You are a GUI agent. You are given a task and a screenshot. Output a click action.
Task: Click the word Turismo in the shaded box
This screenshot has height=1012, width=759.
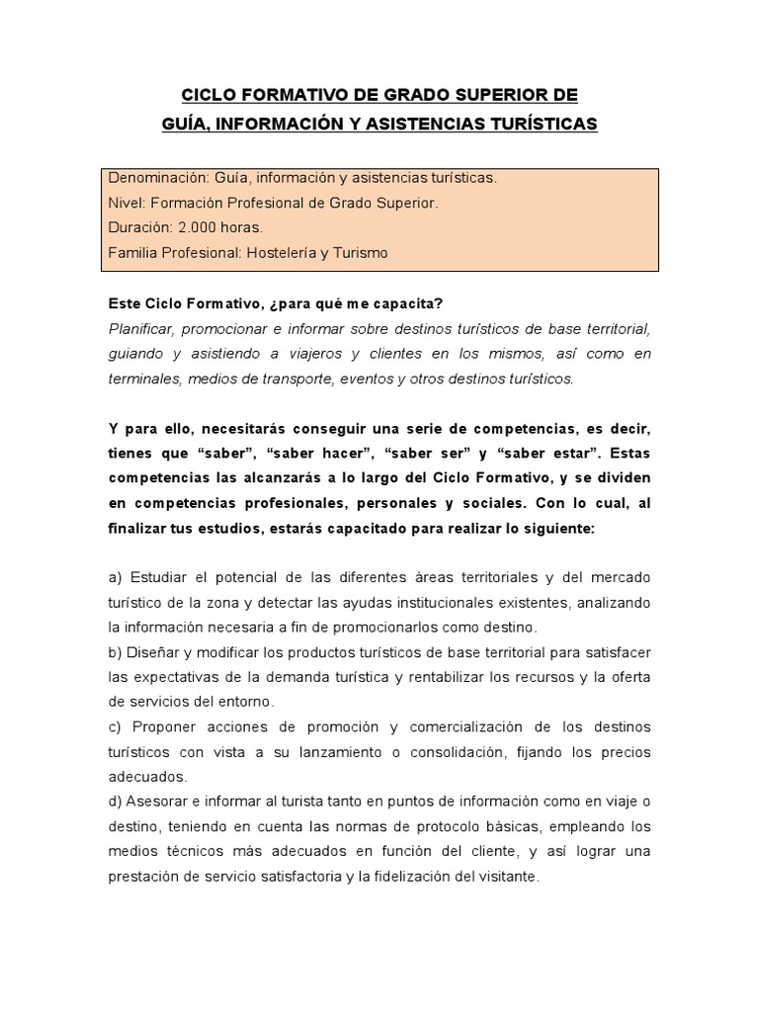point(360,253)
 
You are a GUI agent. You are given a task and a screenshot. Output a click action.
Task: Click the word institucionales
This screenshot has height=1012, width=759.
point(473,602)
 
